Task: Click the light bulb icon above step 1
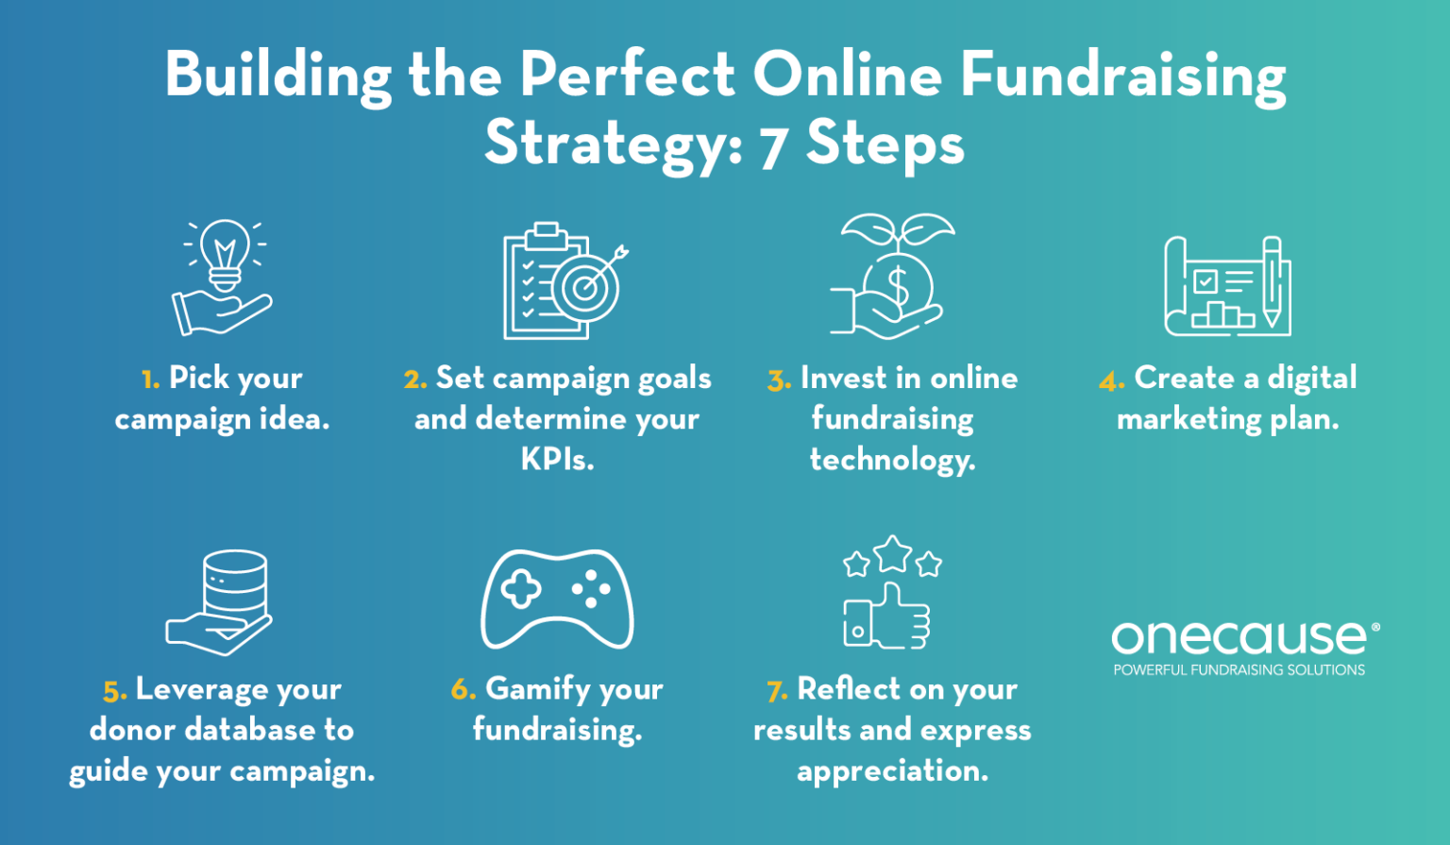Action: (x=225, y=253)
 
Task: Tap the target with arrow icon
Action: (x=586, y=287)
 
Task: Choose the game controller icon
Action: (x=557, y=599)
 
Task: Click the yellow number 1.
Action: (x=150, y=380)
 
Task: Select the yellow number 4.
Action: (x=1111, y=381)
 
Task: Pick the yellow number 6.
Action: (x=463, y=690)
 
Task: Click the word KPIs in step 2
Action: (x=557, y=460)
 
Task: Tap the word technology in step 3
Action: (x=892, y=460)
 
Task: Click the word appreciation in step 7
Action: (x=892, y=771)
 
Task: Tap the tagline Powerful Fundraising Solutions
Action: (x=1239, y=670)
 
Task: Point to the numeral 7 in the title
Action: (x=773, y=147)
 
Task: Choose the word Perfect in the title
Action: (x=627, y=75)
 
